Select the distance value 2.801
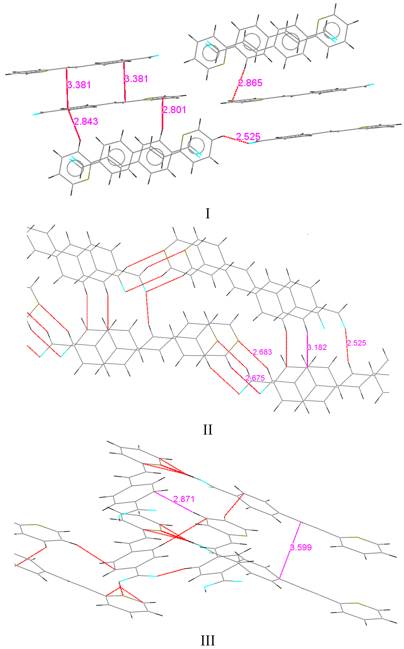[174, 110]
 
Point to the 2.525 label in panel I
[248, 137]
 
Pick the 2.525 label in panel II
[356, 343]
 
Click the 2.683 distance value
[262, 352]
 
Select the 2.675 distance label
[255, 378]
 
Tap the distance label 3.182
[317, 347]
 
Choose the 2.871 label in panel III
[184, 499]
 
